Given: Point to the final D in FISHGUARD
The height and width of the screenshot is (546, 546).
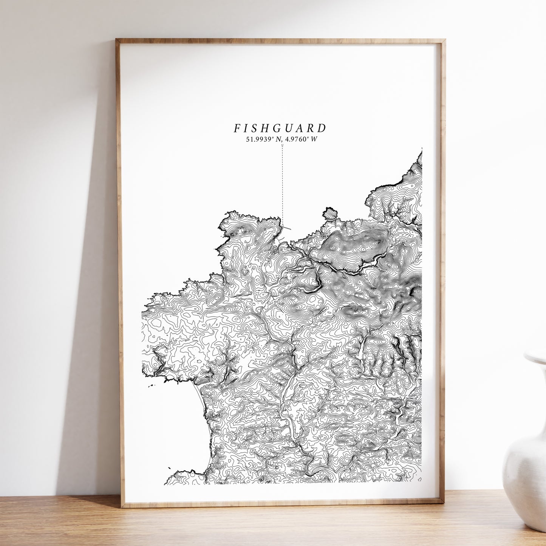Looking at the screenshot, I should coord(322,128).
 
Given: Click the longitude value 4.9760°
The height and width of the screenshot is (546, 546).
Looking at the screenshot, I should coord(297,139).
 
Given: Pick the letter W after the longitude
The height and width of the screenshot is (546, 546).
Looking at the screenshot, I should coord(314,139).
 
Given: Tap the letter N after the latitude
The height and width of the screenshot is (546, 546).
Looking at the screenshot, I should coord(279,139).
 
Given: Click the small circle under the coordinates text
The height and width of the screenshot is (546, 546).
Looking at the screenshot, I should coord(282,145).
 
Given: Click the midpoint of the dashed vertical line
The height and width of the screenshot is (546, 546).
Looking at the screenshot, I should coord(282,185).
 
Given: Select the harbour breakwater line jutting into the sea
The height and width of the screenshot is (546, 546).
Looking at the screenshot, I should coord(287,228).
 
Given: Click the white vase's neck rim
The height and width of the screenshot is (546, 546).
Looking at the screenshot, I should coord(535,357).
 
